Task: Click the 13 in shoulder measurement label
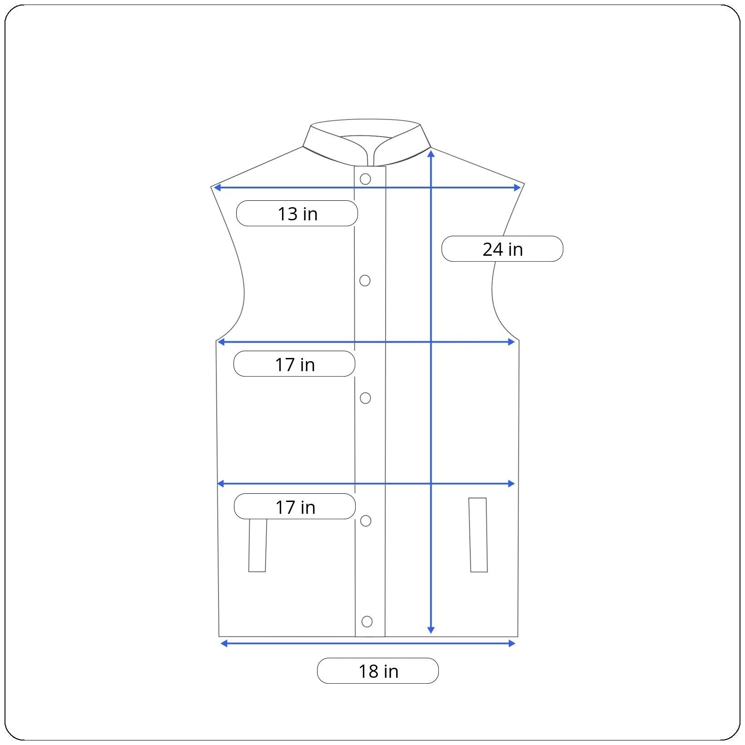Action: click(x=297, y=213)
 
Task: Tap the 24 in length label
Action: click(x=502, y=248)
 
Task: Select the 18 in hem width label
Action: click(x=378, y=670)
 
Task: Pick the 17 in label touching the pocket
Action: click(x=295, y=506)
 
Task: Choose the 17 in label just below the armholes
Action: click(x=294, y=363)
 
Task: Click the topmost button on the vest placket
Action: click(x=365, y=179)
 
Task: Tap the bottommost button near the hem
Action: click(x=367, y=621)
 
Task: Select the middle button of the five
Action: click(x=365, y=398)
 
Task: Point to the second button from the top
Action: click(x=365, y=281)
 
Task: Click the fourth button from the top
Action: click(x=366, y=521)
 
